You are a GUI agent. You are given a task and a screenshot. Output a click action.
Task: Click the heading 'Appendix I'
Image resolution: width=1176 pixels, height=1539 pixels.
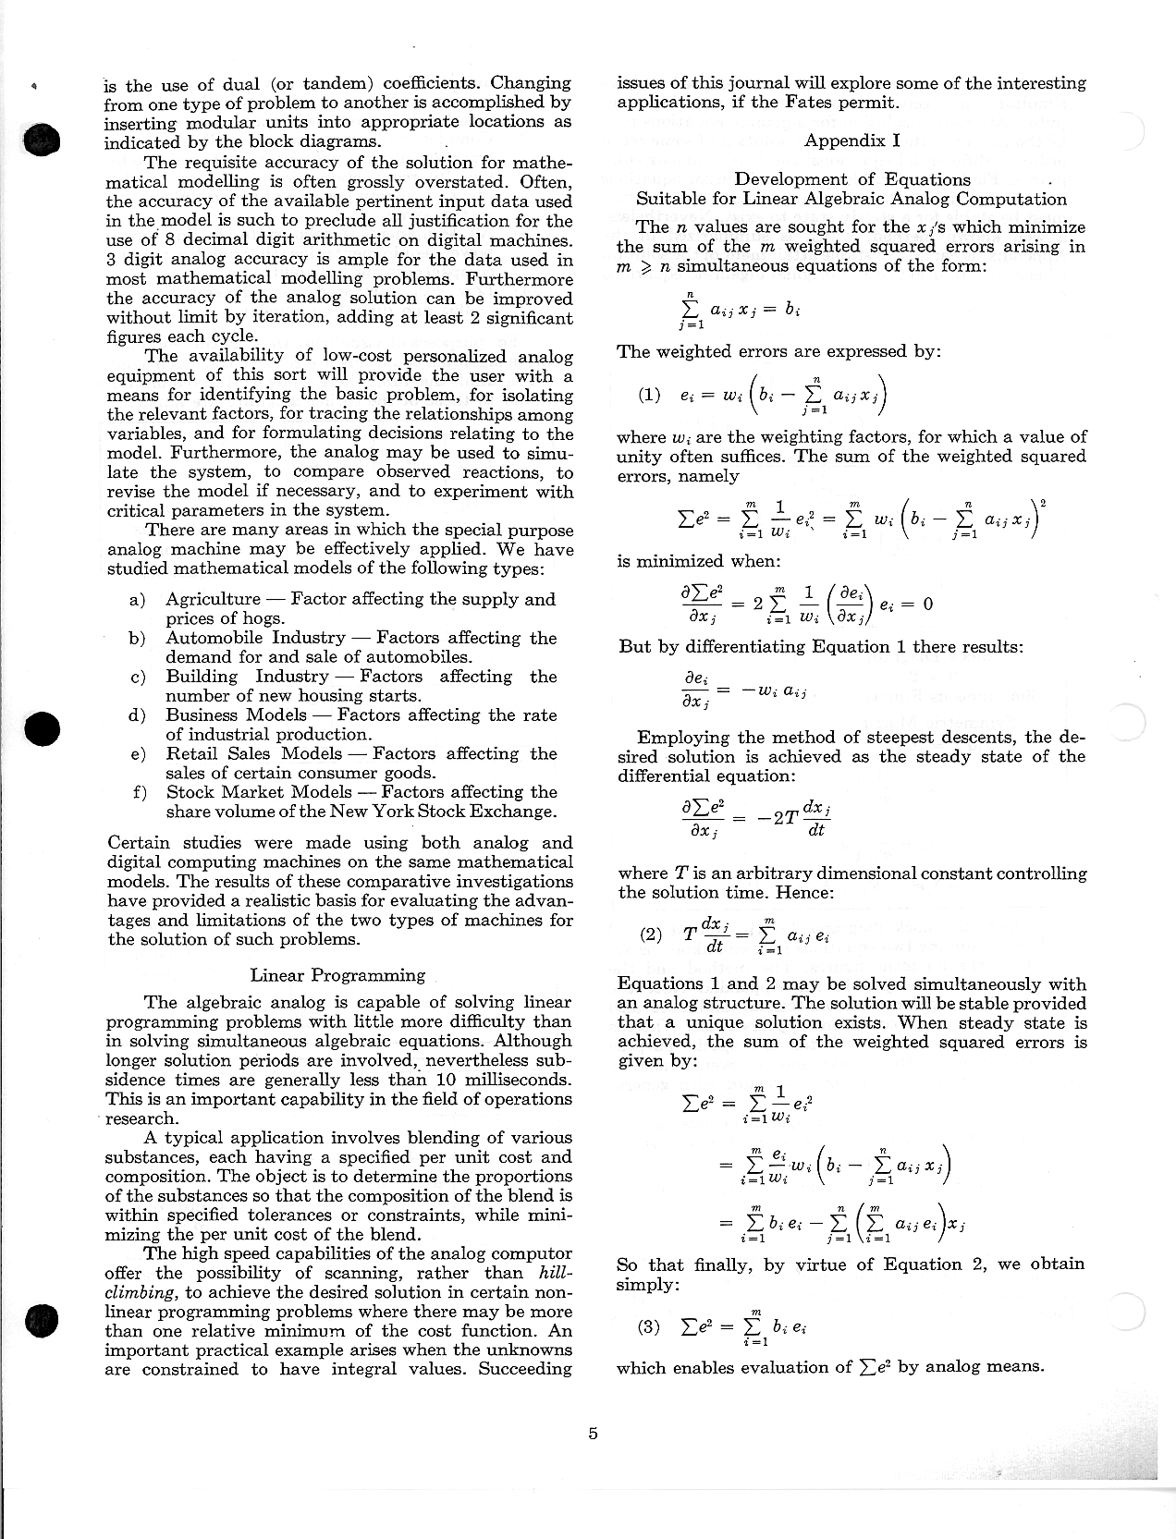pyautogui.click(x=851, y=140)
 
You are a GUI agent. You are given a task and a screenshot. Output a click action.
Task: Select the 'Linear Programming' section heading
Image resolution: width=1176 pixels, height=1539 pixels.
pyautogui.click(x=337, y=975)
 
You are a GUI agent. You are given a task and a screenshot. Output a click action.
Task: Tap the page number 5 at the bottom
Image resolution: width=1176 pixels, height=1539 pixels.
pyautogui.click(x=593, y=1434)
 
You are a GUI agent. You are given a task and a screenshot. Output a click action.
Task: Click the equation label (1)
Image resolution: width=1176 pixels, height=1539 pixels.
pyautogui.click(x=650, y=395)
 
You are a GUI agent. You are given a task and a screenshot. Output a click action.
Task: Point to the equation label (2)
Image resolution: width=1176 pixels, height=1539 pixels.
pyautogui.click(x=651, y=934)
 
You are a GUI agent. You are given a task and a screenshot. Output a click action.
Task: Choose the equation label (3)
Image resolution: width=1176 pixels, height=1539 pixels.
pyautogui.click(x=650, y=1327)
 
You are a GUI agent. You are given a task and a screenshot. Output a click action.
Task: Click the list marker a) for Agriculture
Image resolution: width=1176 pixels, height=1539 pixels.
pyautogui.click(x=138, y=600)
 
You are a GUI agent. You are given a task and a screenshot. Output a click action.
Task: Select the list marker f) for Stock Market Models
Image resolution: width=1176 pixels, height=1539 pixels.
pyautogui.click(x=140, y=792)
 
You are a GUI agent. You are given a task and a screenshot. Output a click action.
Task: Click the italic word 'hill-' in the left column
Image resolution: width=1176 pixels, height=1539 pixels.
pyautogui.click(x=555, y=1273)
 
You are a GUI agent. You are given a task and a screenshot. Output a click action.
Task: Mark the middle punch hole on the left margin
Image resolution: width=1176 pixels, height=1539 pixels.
pyautogui.click(x=43, y=728)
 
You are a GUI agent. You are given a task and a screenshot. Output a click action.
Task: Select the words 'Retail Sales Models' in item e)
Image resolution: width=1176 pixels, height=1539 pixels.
pyautogui.click(x=254, y=753)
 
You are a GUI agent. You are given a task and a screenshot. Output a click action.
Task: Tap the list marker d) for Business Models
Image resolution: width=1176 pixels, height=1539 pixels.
pyautogui.click(x=138, y=715)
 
